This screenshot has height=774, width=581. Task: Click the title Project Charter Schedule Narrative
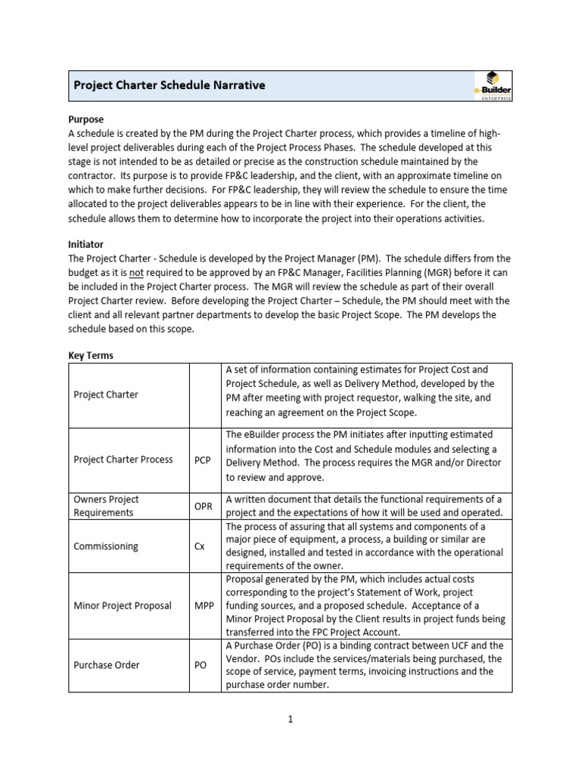[169, 85]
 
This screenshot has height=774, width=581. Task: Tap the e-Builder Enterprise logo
[492, 85]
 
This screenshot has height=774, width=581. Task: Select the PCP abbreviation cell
[202, 460]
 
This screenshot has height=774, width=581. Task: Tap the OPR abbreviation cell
[203, 506]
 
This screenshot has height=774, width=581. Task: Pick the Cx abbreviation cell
[200, 546]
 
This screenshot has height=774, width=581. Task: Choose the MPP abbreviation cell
[204, 605]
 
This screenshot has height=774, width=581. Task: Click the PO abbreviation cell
[200, 665]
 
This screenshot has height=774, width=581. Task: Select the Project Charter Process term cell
[123, 460]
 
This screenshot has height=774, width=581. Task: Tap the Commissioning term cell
[106, 546]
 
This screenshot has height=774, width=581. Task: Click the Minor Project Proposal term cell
[123, 605]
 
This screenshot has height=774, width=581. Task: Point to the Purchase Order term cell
[107, 665]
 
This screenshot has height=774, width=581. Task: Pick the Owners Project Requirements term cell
[106, 506]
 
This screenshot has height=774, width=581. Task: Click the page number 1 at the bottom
[290, 720]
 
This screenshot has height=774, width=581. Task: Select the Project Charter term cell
[106, 395]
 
